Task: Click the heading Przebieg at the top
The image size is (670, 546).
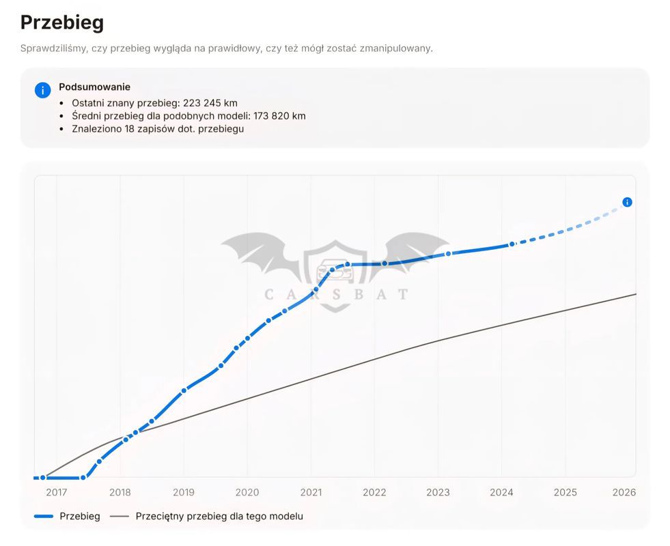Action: (x=62, y=23)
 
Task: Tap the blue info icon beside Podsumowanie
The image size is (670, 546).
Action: (x=43, y=91)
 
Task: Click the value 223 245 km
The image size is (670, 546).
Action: (x=210, y=103)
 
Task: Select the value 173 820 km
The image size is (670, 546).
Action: (x=279, y=116)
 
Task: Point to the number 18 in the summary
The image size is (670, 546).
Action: (x=130, y=128)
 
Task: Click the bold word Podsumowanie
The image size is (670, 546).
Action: (x=94, y=87)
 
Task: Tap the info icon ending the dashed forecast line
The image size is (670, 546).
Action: (x=627, y=202)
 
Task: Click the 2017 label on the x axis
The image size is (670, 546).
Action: (x=57, y=492)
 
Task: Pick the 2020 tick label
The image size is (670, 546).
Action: (x=247, y=492)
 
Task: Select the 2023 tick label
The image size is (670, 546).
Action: (x=438, y=492)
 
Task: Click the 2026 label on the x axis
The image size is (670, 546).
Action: (x=624, y=492)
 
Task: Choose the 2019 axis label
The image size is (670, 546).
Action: (x=184, y=492)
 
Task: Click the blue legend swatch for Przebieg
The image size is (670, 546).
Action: (x=44, y=516)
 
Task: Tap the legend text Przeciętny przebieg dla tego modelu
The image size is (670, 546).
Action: (x=219, y=516)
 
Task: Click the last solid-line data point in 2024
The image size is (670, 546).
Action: (x=512, y=244)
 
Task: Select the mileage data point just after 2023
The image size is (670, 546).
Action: (x=448, y=254)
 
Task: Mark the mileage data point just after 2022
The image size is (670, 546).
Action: (x=385, y=264)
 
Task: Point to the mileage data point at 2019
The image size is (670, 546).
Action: (x=184, y=390)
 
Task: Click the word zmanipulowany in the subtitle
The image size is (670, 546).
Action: (x=396, y=48)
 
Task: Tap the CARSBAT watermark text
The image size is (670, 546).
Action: (x=336, y=295)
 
